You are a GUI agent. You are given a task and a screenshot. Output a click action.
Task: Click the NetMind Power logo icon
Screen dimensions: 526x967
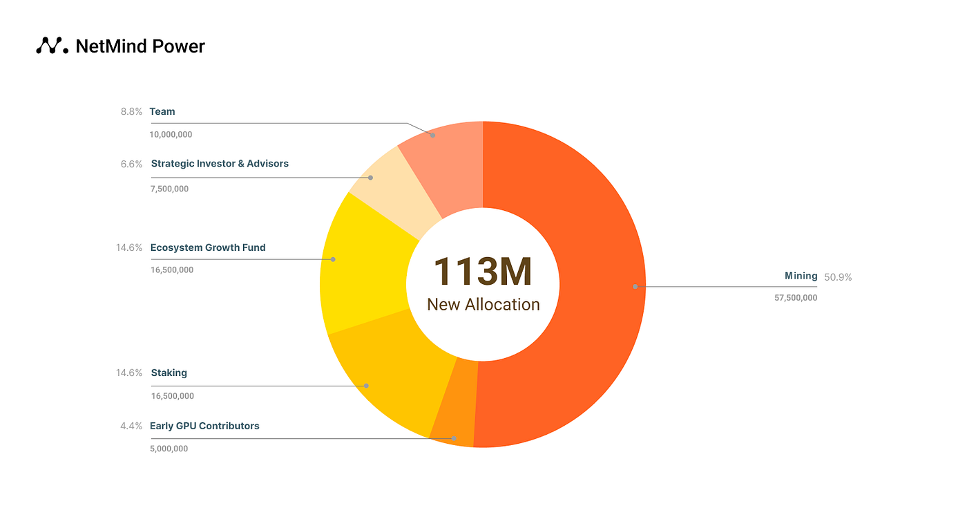pyautogui.click(x=52, y=46)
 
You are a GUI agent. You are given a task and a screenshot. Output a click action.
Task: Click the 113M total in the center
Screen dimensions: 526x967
pyautogui.click(x=483, y=272)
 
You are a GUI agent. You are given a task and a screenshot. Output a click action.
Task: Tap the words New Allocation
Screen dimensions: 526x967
pyautogui.click(x=483, y=304)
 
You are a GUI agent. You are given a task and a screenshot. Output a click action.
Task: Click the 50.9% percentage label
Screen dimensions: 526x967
pyautogui.click(x=838, y=277)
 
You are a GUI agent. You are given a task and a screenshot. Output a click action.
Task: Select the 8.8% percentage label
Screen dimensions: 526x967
pyautogui.click(x=131, y=111)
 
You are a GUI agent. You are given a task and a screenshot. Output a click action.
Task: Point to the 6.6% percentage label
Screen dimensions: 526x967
pyautogui.click(x=131, y=165)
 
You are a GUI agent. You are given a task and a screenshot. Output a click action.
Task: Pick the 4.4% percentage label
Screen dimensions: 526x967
pyautogui.click(x=131, y=426)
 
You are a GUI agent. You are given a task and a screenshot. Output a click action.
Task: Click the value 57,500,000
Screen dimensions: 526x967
pyautogui.click(x=796, y=298)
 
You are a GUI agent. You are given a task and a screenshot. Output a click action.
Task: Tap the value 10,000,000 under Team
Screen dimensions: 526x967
pyautogui.click(x=171, y=135)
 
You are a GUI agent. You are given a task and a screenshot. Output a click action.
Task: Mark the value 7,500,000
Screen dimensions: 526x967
pyautogui.click(x=169, y=189)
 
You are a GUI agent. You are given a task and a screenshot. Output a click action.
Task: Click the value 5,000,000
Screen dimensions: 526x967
pyautogui.click(x=169, y=449)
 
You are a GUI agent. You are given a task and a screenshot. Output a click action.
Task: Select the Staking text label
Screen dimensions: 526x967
pyautogui.click(x=169, y=373)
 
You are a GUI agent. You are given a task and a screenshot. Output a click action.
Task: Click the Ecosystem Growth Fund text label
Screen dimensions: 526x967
pyautogui.click(x=208, y=247)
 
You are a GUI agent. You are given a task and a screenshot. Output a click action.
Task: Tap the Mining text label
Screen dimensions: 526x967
pyautogui.click(x=801, y=276)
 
